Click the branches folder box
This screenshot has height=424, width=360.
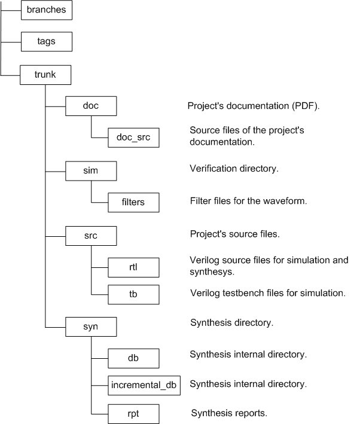tap(47, 10)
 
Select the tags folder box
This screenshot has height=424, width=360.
tap(47, 42)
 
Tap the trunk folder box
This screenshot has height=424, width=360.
tap(46, 75)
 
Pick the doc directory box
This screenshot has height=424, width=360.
tap(90, 106)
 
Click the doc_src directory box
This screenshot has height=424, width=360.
tap(133, 138)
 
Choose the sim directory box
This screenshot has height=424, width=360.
tap(90, 171)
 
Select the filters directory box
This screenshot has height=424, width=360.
tap(133, 202)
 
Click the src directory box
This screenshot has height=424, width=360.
tap(90, 235)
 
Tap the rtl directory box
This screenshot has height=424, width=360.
tap(133, 267)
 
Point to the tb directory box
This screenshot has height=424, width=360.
tap(133, 294)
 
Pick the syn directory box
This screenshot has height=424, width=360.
tap(90, 327)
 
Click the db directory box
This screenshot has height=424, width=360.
tap(133, 358)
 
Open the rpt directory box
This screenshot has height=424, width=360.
tap(133, 413)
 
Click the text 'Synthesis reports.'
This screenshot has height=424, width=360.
tap(228, 413)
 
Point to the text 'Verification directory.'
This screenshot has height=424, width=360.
tap(234, 169)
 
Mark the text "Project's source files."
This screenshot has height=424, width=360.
tap(234, 234)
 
